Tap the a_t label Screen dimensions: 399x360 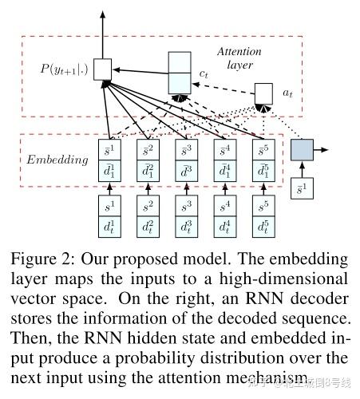pos(288,93)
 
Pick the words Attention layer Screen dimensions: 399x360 pos(239,57)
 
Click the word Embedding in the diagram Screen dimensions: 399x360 pos(58,160)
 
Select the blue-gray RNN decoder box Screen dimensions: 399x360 pos(303,149)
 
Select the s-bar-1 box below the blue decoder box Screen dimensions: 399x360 pos(302,192)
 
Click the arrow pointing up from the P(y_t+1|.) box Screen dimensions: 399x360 pos(102,32)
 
